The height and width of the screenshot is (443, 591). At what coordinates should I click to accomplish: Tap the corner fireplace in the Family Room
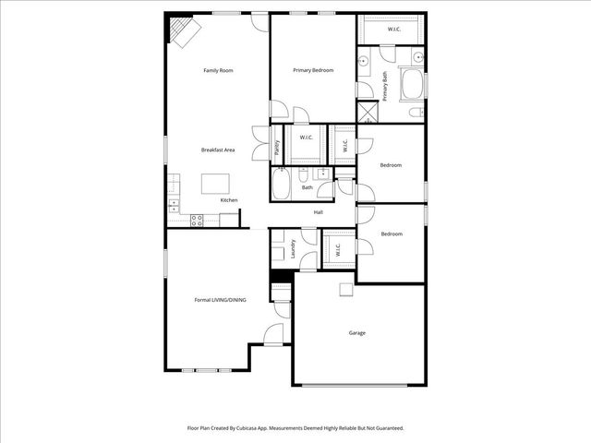183,32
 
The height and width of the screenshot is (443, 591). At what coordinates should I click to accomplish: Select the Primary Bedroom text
313,70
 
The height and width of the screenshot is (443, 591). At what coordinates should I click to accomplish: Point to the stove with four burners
197,220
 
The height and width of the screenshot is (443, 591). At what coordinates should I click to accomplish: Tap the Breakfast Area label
218,150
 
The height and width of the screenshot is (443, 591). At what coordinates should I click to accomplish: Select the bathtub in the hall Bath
281,185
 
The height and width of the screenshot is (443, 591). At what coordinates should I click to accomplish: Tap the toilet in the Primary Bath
416,113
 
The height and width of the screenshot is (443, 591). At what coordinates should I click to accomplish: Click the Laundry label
292,249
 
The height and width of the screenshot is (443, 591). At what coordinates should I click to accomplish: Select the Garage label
357,332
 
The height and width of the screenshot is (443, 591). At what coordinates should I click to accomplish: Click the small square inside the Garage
345,290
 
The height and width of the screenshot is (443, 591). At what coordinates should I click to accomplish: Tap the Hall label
318,213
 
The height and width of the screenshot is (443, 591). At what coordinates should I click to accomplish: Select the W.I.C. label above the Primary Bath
394,28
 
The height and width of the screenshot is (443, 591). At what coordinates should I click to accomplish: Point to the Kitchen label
228,200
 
